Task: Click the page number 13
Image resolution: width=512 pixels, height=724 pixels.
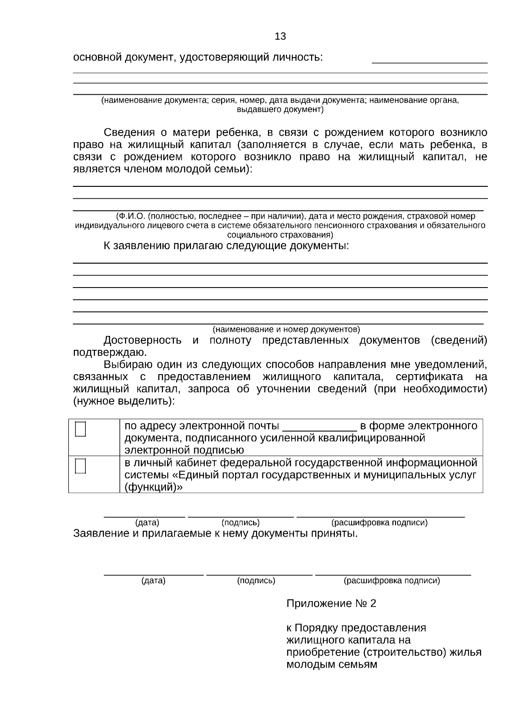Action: point(280,36)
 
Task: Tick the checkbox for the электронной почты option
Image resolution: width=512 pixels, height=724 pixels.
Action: point(80,429)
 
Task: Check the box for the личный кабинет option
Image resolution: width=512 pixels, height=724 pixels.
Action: point(80,466)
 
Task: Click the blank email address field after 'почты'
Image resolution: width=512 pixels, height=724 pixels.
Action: point(319,427)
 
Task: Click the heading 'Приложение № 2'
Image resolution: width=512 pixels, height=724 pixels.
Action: point(331,603)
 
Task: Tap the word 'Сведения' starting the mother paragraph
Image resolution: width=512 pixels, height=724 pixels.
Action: point(127,132)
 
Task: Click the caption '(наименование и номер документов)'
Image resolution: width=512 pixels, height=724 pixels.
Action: point(286,329)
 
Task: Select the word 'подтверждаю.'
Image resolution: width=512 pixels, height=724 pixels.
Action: point(110,352)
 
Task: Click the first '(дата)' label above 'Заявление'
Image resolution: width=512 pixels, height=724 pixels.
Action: point(147,523)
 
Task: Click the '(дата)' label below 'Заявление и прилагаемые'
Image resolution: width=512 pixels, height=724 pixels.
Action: point(153,581)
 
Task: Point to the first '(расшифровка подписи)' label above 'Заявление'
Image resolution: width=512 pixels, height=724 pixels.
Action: point(379,523)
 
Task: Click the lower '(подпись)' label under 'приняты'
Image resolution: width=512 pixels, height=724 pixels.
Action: point(256,581)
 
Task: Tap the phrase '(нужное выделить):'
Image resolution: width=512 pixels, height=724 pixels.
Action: point(124,401)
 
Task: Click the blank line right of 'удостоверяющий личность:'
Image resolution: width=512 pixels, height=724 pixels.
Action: point(429,61)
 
